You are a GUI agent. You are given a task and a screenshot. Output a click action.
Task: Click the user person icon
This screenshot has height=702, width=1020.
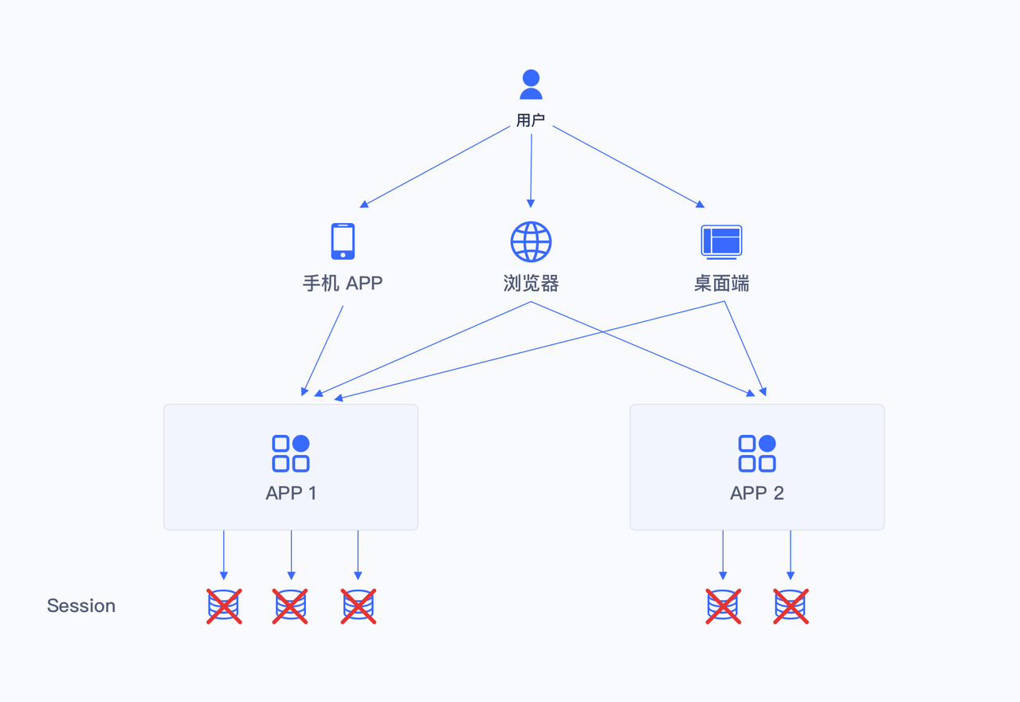(531, 84)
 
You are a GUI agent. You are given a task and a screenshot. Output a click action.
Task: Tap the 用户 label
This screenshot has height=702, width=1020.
(531, 120)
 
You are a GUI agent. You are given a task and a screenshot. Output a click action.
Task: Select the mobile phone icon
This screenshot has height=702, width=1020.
(343, 241)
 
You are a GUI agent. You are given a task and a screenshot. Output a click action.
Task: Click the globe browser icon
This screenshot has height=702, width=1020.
(531, 241)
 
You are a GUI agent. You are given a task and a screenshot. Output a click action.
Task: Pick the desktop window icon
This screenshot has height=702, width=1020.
(721, 241)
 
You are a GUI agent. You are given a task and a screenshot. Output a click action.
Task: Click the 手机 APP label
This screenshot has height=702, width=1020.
(343, 283)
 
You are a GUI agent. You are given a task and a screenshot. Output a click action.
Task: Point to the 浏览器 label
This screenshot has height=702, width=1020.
(531, 283)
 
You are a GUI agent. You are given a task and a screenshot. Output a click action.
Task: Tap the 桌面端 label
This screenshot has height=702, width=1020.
(721, 283)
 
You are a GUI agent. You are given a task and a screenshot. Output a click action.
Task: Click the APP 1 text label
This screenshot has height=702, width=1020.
(291, 493)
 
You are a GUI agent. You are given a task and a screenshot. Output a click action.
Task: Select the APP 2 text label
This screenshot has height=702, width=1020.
(757, 493)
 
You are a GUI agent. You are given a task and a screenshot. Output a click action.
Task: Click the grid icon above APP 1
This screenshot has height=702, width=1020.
(291, 453)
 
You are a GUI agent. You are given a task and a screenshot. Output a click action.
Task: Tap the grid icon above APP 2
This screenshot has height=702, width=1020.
(757, 453)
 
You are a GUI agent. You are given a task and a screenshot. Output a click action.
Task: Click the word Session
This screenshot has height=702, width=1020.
(81, 606)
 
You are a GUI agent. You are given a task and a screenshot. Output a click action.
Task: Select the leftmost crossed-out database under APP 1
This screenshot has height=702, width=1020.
(224, 606)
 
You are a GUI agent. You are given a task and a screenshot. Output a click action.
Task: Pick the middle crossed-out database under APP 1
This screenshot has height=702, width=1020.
(290, 606)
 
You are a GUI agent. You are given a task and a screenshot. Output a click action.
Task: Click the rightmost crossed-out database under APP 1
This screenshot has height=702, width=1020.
(359, 606)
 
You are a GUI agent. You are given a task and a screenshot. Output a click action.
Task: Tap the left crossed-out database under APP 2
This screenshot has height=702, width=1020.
(723, 606)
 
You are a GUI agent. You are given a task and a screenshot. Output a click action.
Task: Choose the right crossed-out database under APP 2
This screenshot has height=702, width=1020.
(790, 606)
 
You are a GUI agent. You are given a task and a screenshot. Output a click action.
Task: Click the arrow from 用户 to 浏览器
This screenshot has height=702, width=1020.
(531, 167)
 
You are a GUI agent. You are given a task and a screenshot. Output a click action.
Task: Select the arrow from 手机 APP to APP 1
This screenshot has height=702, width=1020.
(323, 351)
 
